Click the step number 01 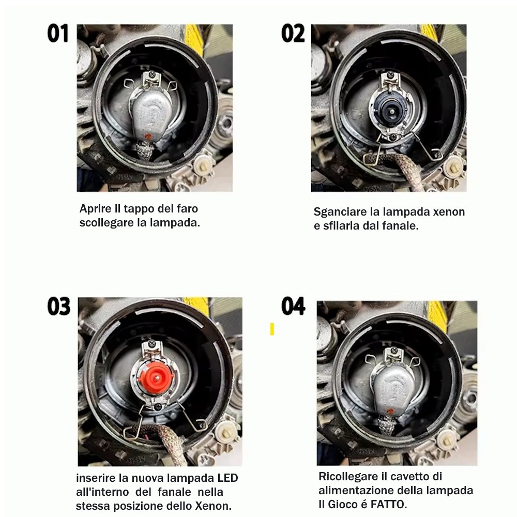(58, 33)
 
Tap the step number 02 (293, 33)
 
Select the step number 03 (59, 306)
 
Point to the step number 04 (293, 306)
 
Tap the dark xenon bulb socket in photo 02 (391, 111)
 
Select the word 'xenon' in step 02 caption (449, 211)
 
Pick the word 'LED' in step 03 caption (227, 478)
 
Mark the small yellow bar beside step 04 (272, 329)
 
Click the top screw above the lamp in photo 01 (152, 74)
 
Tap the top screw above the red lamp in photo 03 (152, 344)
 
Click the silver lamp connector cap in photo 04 (391, 392)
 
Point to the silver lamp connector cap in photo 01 (150, 115)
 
